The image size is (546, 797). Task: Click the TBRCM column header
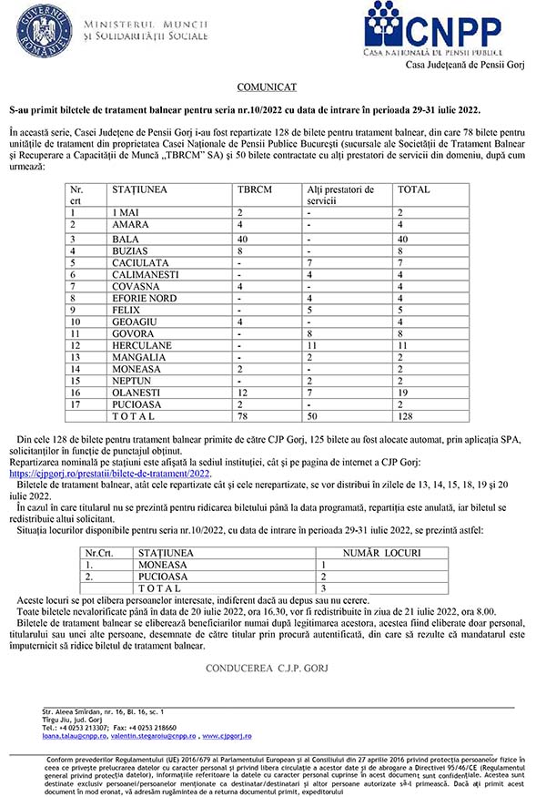(254, 189)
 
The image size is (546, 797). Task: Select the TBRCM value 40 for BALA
(243, 238)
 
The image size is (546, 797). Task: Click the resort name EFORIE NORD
(145, 298)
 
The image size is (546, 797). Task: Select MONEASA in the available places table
(162, 565)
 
